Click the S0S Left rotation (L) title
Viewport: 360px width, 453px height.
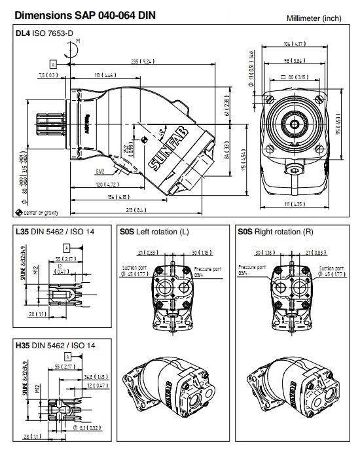pos(154,231)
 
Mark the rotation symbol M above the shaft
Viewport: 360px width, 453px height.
pos(78,41)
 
